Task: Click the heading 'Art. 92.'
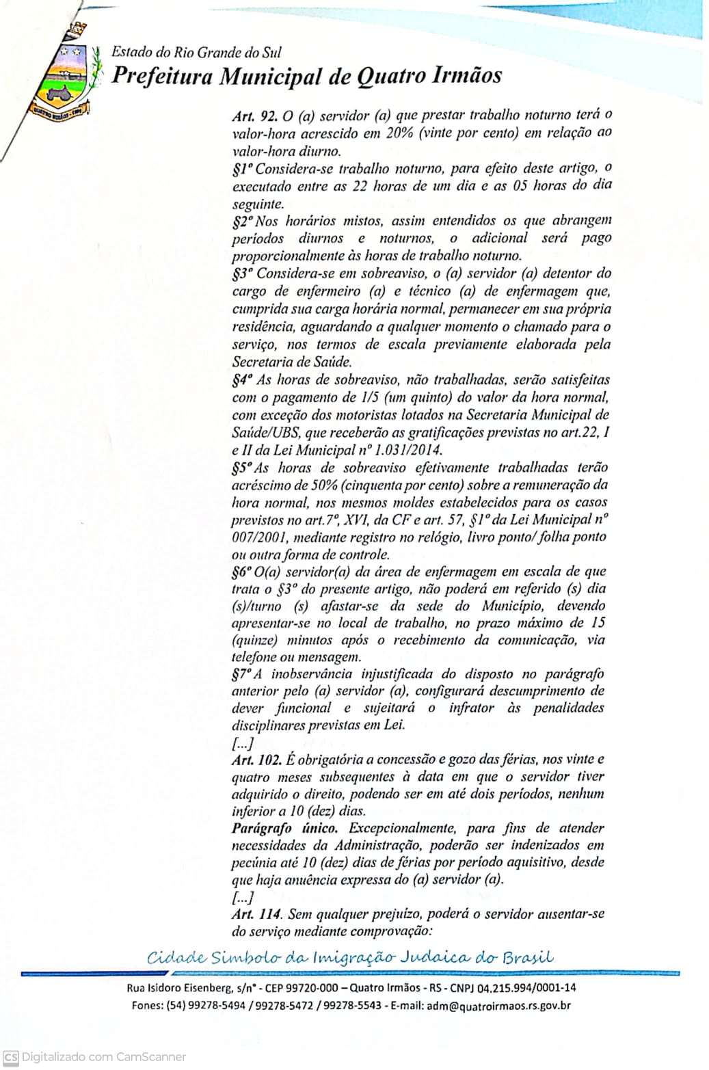pyautogui.click(x=253, y=116)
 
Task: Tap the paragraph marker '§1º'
pyautogui.click(x=242, y=168)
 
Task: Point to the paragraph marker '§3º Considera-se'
pyautogui.click(x=243, y=273)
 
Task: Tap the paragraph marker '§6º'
pyautogui.click(x=242, y=572)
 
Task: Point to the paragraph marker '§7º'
pyautogui.click(x=241, y=674)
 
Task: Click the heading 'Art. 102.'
pyautogui.click(x=258, y=760)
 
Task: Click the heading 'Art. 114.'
pyautogui.click(x=256, y=914)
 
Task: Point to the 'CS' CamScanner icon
pyautogui.click(x=10, y=1056)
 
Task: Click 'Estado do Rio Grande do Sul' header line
pyautogui.click(x=196, y=53)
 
